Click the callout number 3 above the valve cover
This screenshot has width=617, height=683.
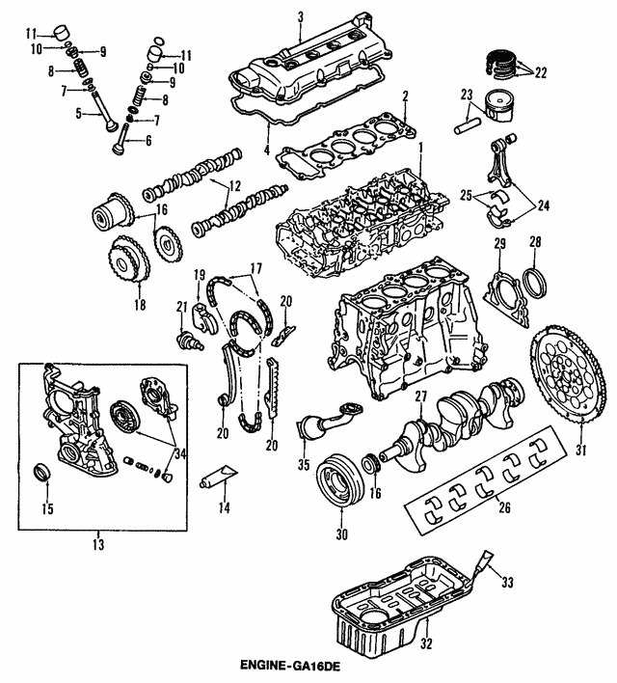coord(300,15)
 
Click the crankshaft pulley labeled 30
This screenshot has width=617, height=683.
coord(337,477)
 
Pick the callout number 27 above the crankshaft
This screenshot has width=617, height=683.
coord(420,397)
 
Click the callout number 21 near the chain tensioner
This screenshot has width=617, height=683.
coord(180,307)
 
